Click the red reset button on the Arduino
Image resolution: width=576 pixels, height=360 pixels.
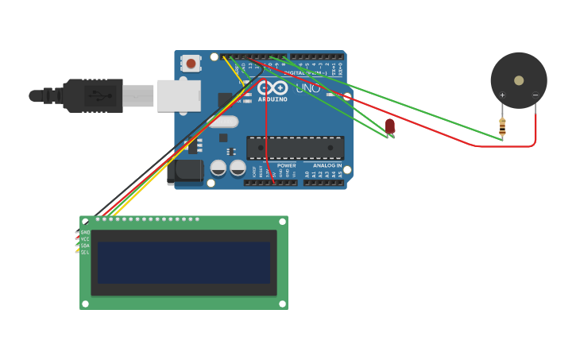coord(191,63)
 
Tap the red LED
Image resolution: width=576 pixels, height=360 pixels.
coord(390,126)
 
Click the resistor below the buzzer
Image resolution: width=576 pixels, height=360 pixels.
coord(502,125)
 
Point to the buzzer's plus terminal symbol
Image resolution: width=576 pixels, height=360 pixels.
coord(502,95)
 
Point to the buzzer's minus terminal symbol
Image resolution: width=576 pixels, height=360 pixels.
coord(535,95)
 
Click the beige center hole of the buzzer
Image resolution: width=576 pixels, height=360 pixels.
coord(519,80)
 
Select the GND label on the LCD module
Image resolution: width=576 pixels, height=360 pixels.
coord(85,232)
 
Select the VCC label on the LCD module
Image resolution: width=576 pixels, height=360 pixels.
coord(85,238)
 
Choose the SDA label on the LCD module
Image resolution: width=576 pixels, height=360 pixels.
coord(85,246)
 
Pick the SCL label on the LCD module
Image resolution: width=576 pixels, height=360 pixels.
coord(85,252)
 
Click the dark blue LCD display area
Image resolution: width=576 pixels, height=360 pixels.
coord(184,262)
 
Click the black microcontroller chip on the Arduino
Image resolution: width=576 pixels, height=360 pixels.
coord(296,148)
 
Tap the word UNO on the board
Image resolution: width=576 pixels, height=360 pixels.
coord(308,88)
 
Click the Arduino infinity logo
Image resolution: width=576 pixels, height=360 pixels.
coord(273,87)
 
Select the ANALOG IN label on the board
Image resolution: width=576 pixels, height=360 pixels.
coord(327,165)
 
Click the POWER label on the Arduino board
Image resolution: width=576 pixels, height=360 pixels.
coord(286,165)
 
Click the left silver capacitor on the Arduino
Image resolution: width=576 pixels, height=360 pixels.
coord(218,168)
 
